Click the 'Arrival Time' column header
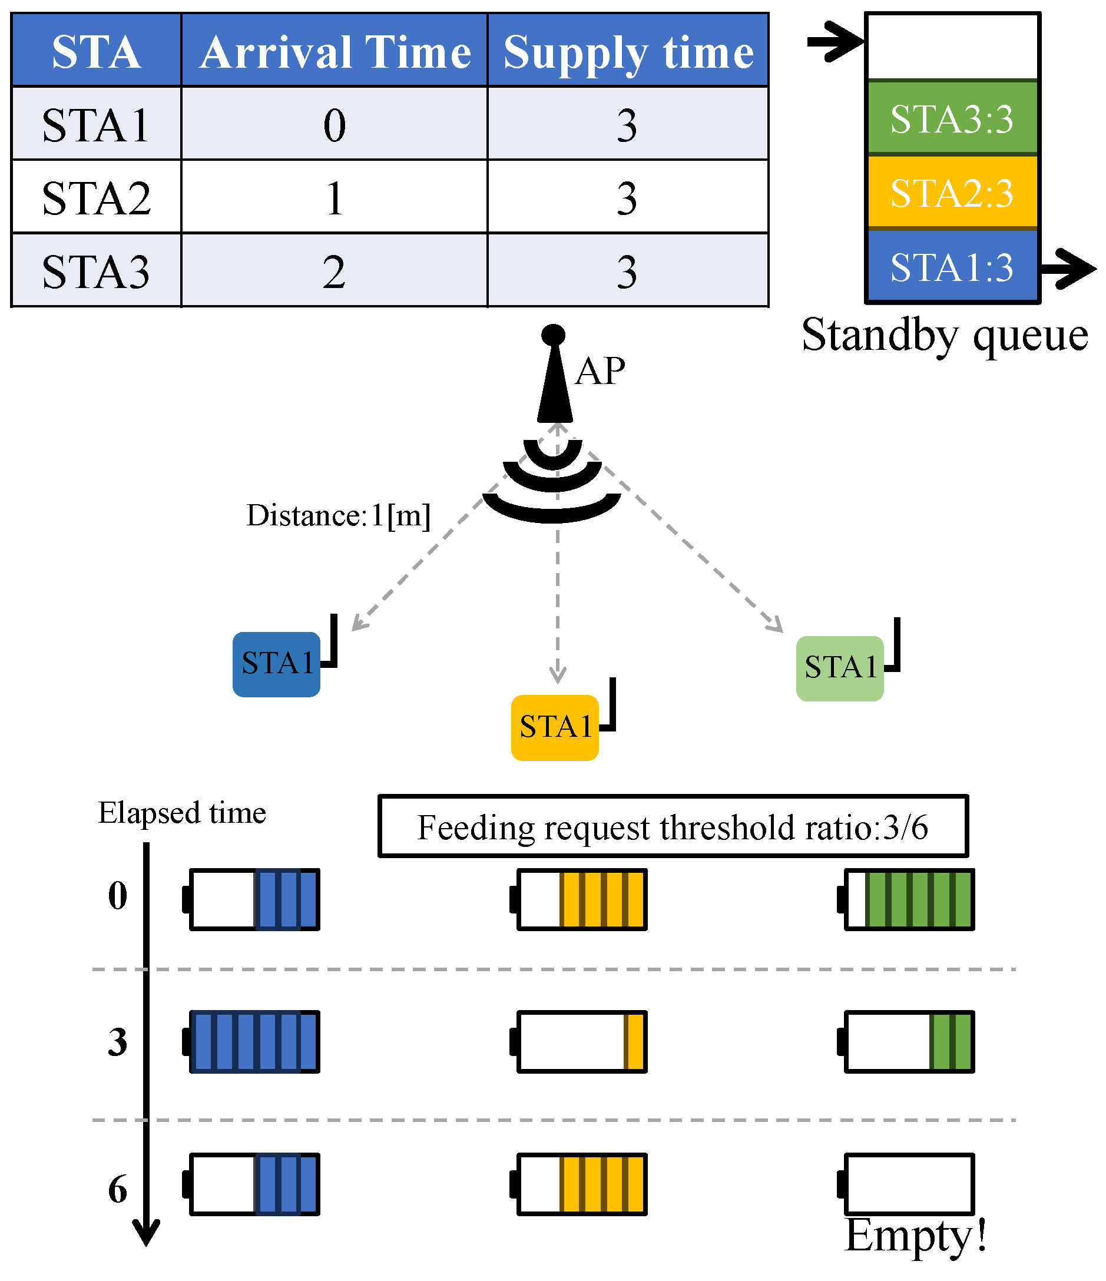[335, 51]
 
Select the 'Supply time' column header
[627, 51]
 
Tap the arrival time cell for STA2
[335, 198]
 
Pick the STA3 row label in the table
[96, 272]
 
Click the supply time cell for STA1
[627, 125]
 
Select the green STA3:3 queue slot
[952, 119]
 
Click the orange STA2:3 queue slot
[952, 193]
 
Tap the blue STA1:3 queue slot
[952, 267]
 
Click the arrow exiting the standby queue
[1068, 269]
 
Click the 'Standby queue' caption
[944, 336]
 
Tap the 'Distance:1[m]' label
[338, 515]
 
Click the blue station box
[276, 664]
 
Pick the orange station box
[555, 727]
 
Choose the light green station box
[840, 668]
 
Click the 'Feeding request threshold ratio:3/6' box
[673, 826]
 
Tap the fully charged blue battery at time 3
[253, 1041]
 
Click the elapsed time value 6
[117, 1189]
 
